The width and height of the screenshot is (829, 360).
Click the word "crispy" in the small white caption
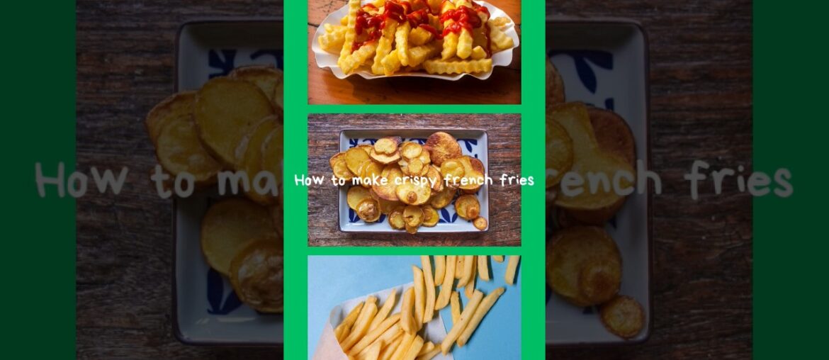[419, 180]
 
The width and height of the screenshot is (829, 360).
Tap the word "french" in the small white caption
[472, 180]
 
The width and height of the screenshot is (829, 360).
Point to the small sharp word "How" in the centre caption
[309, 180]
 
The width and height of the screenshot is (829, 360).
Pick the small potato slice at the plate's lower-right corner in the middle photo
[480, 223]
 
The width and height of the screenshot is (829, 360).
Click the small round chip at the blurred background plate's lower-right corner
[621, 316]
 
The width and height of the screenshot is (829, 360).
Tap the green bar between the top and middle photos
[414, 109]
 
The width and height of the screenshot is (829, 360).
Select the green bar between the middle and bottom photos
[414, 251]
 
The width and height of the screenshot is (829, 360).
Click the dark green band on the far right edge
[791, 180]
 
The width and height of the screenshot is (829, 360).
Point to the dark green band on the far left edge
[38, 180]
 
